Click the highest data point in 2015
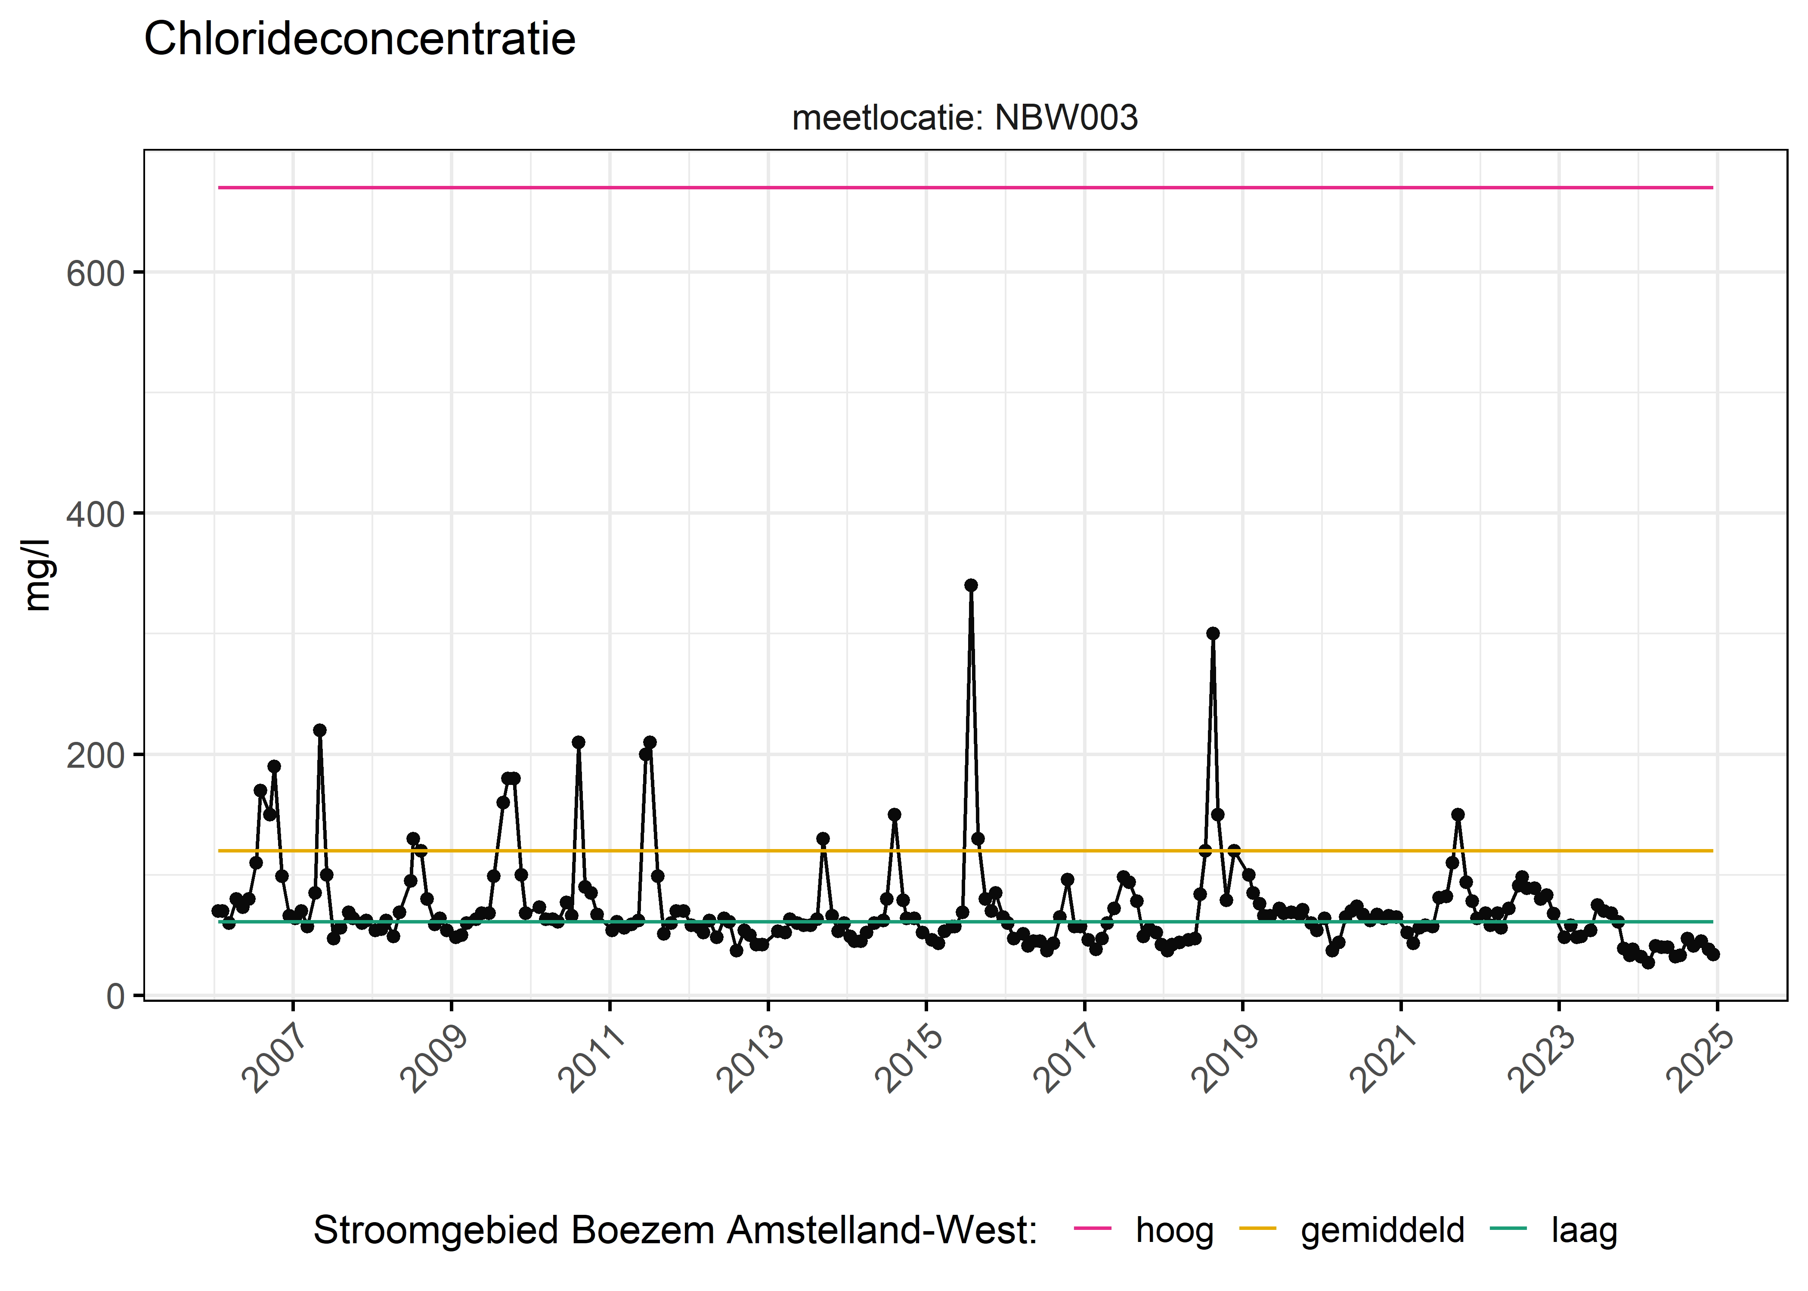click(971, 585)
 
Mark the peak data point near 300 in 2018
click(1213, 633)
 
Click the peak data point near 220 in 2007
click(319, 730)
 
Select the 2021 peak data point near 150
click(1457, 814)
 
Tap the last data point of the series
click(1713, 954)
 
